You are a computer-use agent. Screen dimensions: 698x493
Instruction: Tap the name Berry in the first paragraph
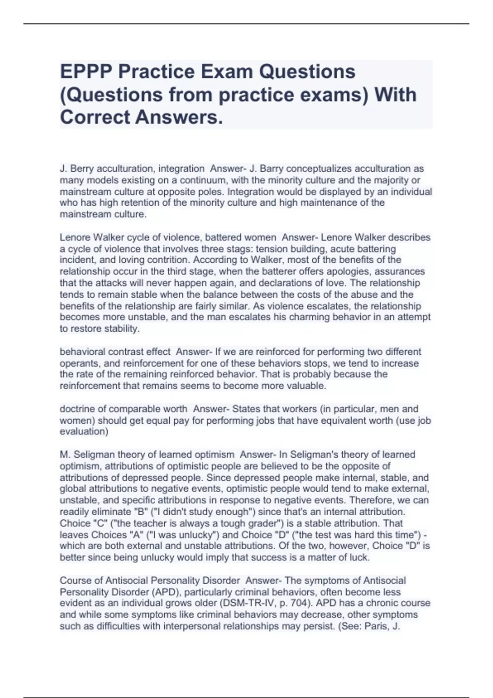point(82,168)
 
